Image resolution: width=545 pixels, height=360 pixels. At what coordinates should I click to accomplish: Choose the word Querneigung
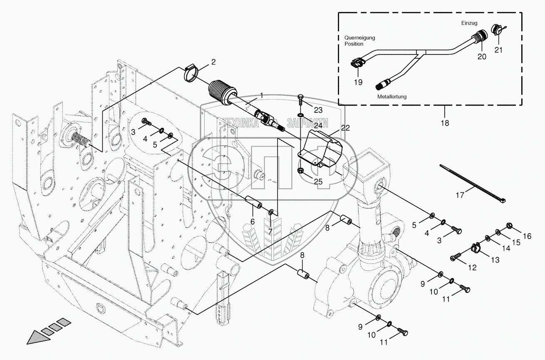coord(359,38)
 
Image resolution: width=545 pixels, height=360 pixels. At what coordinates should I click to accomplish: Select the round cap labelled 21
coord(497,31)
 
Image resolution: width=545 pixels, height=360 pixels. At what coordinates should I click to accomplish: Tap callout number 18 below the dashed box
coord(445,123)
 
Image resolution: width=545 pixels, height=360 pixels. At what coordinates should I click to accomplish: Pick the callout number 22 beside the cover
coord(346,127)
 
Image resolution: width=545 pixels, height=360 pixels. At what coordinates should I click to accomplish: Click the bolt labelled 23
coord(301,99)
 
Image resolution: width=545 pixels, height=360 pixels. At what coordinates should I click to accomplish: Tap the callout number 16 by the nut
coord(527,236)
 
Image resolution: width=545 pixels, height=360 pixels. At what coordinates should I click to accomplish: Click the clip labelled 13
coord(474,248)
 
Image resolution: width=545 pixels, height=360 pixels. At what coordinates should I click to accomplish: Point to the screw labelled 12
coord(456,257)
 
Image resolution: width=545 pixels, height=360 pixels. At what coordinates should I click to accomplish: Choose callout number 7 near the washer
coord(270,231)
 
